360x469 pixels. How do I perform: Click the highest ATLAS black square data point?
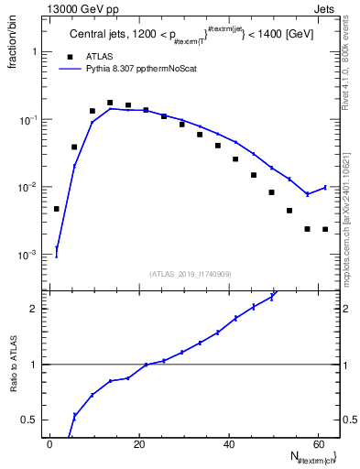coord(110,103)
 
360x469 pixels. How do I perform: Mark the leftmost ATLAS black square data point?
coord(57,209)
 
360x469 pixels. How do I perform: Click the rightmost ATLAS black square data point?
coord(325,229)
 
